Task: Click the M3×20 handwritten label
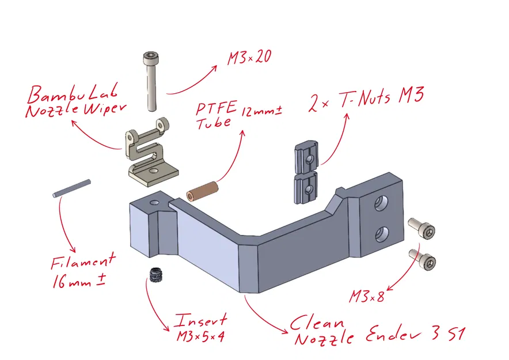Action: [x=249, y=58]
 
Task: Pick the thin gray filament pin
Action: [x=71, y=188]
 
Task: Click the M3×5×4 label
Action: [x=200, y=335]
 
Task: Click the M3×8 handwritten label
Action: [x=366, y=296]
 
